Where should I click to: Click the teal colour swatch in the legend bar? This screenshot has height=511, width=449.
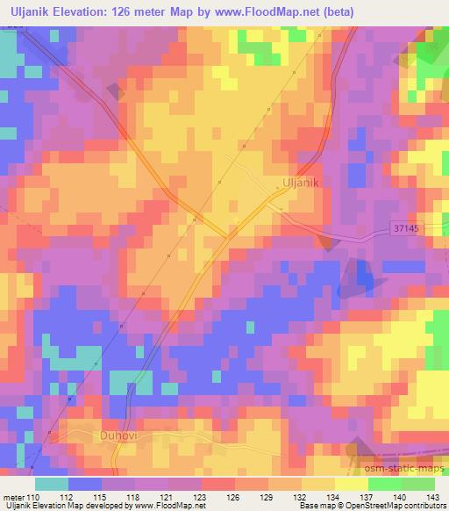[x=52, y=483]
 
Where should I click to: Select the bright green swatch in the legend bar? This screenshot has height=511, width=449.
[x=384, y=483]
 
